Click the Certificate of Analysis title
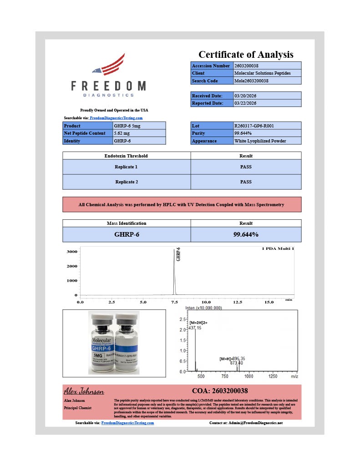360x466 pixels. tap(246, 55)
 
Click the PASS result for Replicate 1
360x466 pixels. tap(246, 167)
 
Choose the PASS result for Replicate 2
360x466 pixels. tap(246, 182)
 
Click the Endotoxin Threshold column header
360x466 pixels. tap(126, 156)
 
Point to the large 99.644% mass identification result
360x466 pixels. tap(246, 234)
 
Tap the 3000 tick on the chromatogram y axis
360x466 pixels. tap(72, 251)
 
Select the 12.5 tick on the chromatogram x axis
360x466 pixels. tap(238, 302)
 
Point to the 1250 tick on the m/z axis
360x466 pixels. tap(273, 376)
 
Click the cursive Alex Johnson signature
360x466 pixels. tap(84, 391)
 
